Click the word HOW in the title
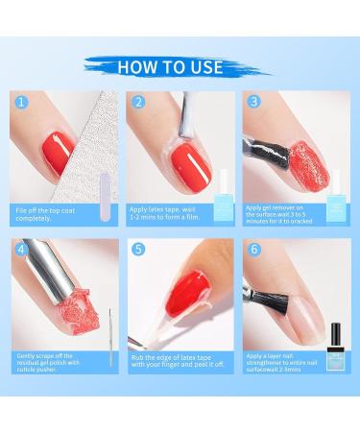click(140, 67)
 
